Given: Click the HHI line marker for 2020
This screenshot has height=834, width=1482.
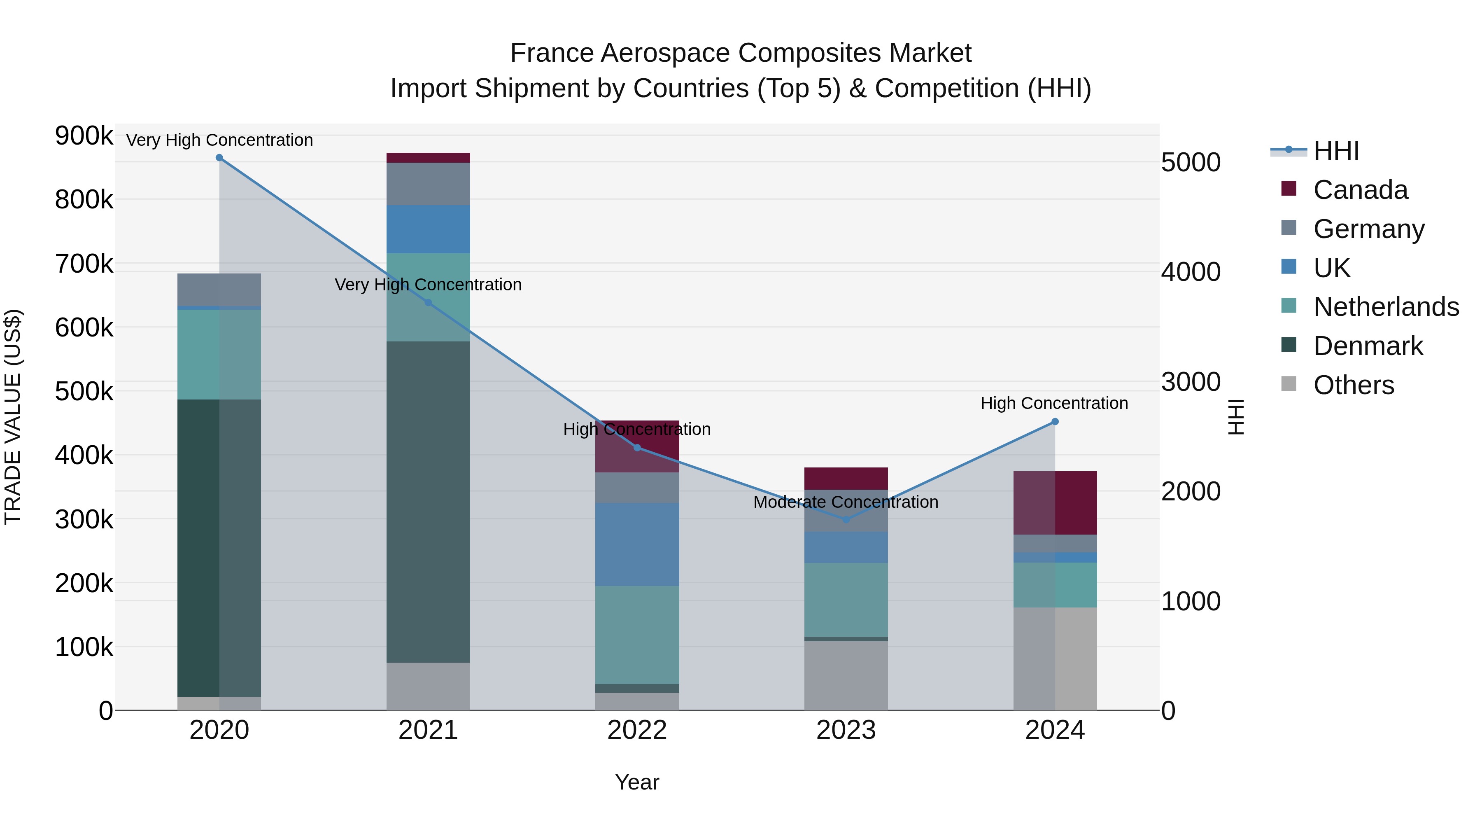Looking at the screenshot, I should pos(219,158).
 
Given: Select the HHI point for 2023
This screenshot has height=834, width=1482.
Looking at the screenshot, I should pos(846,520).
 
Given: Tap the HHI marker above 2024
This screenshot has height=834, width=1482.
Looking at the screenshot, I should pos(1055,422).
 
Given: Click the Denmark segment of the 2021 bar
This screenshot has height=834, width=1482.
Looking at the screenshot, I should pos(428,501).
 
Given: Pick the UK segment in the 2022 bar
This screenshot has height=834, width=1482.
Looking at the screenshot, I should pos(637,544).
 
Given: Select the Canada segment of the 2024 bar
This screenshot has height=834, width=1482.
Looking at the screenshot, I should pos(1055,503).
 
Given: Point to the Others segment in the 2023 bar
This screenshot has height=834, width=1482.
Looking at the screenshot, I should pos(846,675).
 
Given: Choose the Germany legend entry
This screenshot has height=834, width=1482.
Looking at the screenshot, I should pos(1369,229).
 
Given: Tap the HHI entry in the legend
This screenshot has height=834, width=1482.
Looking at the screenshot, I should pos(1336,151).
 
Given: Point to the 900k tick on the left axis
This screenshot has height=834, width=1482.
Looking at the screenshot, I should pos(84,136).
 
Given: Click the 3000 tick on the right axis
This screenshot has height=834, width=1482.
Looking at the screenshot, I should pos(1190,382).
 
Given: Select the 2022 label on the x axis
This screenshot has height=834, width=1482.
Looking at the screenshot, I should pos(637,730).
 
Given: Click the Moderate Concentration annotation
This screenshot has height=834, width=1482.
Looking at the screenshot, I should pos(846,502).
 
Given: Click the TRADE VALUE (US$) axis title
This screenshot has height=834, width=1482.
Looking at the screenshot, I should pos(13,417).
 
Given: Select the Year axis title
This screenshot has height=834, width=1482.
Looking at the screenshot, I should pos(637,782).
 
